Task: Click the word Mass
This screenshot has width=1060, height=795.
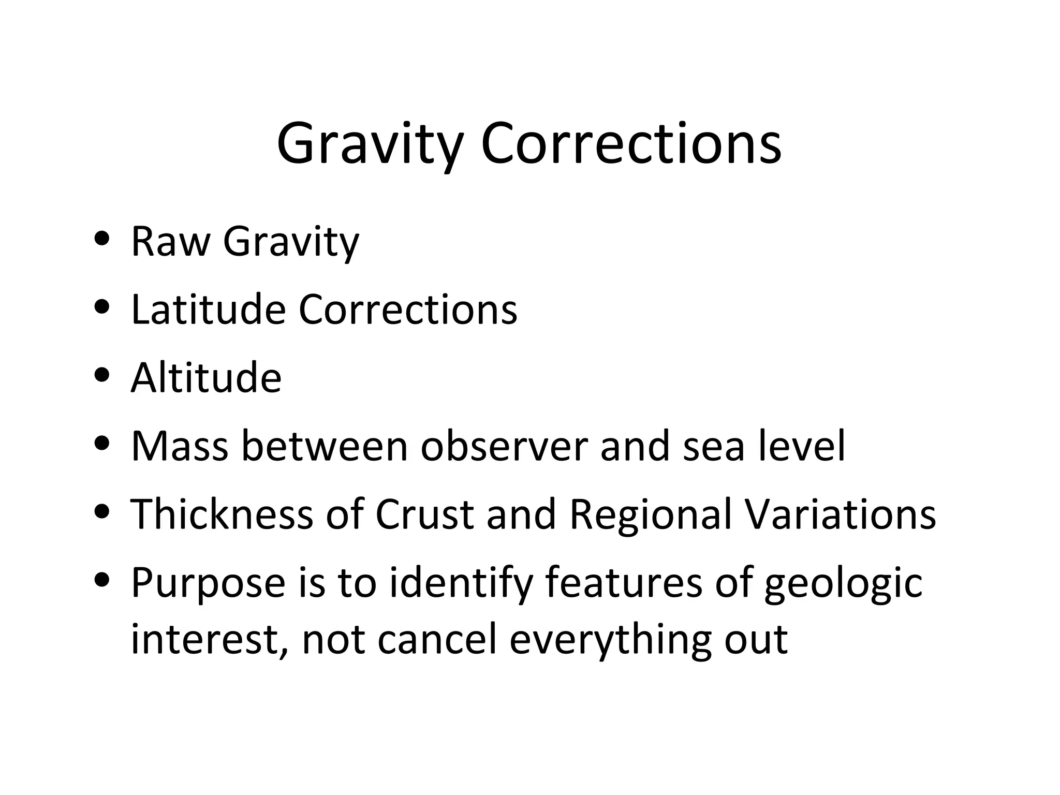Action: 179,446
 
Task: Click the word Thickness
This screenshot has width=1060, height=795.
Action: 222,514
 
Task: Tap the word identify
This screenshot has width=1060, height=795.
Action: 461,583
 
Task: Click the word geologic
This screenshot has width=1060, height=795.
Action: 843,583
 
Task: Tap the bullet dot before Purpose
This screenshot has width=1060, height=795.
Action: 102,579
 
